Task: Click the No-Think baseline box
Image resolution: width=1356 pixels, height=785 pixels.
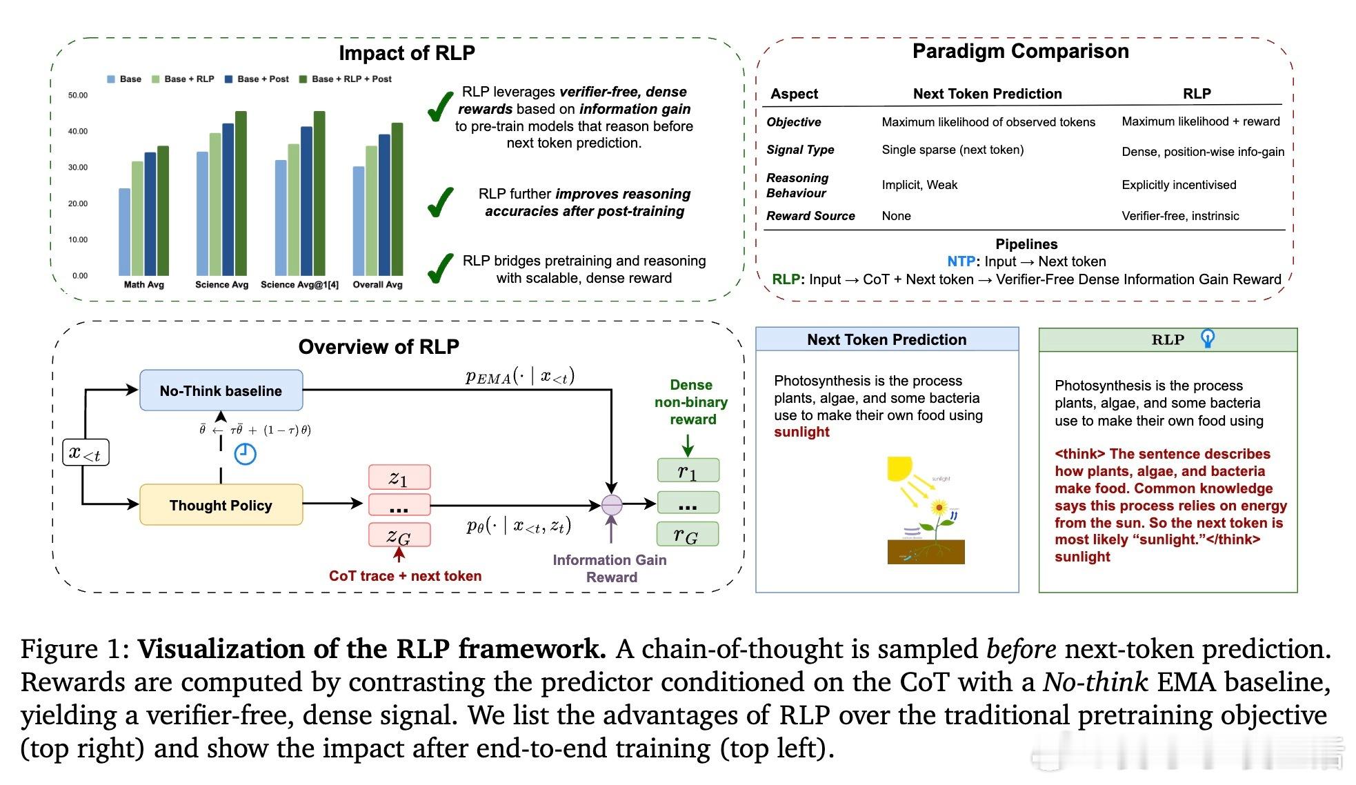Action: tap(221, 390)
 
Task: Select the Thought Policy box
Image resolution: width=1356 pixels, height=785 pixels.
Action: tap(221, 505)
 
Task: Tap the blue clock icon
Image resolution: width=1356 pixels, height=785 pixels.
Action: tap(245, 454)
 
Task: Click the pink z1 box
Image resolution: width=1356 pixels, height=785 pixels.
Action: tap(399, 477)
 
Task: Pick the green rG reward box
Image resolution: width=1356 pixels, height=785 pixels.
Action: tap(688, 535)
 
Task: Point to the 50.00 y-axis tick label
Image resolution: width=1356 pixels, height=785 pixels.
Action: tap(78, 95)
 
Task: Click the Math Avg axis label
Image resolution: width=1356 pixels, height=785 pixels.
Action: tap(143, 284)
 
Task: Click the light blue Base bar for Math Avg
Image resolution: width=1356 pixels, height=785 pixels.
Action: tap(124, 232)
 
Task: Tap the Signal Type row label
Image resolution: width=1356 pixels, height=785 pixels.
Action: tap(800, 150)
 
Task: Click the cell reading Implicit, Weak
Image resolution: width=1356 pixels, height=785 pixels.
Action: tap(919, 185)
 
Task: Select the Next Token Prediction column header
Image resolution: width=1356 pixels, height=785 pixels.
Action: tap(987, 94)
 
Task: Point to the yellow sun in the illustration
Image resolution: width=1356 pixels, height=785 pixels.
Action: tap(899, 468)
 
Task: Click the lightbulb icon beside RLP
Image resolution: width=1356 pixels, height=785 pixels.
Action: tap(1208, 338)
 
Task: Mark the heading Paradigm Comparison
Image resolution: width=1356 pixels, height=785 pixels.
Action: tap(1020, 51)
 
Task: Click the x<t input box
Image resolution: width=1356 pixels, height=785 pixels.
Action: tap(86, 453)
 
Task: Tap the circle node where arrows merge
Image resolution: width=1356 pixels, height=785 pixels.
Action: tap(612, 505)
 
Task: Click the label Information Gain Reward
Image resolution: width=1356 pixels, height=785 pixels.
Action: tap(610, 568)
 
